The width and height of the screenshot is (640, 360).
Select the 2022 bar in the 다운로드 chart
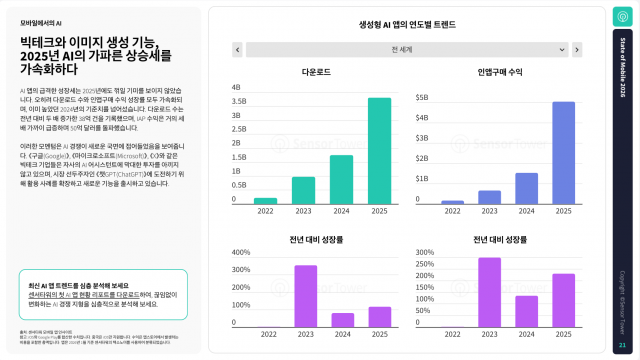[x=266, y=200]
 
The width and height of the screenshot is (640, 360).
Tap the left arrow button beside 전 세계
[x=237, y=49]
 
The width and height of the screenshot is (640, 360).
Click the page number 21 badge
[x=621, y=343]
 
